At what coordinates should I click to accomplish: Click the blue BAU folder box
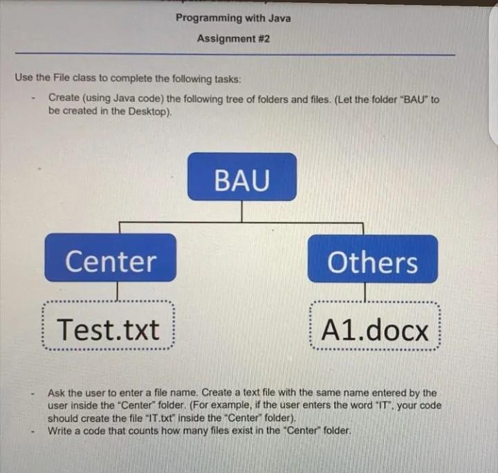[x=241, y=177]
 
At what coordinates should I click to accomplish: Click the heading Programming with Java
[x=232, y=18]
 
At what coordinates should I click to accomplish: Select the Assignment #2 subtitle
[x=232, y=39]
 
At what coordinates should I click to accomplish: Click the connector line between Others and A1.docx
[x=365, y=292]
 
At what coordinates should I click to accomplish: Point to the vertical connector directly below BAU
[x=241, y=211]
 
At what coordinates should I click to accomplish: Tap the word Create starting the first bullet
[x=63, y=100]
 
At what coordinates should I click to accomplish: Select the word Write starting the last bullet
[x=61, y=431]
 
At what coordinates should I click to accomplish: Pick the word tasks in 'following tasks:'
[x=225, y=78]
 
